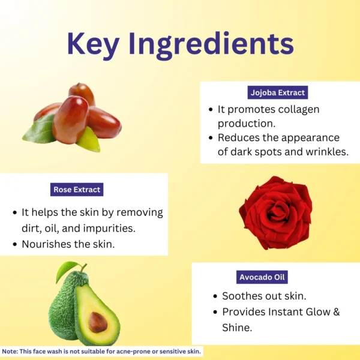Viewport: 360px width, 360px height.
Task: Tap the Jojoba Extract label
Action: point(278,92)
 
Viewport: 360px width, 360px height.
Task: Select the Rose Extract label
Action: point(77,190)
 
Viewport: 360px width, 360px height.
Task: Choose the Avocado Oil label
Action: point(262,277)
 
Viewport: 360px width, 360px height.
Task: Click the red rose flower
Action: point(276,212)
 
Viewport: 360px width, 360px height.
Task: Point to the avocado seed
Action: point(98,322)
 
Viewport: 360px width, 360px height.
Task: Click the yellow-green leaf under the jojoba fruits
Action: point(89,140)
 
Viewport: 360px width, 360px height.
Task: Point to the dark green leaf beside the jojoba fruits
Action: point(40,130)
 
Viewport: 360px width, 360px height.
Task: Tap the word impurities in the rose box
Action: point(109,229)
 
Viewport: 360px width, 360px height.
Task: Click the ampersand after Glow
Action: point(337,312)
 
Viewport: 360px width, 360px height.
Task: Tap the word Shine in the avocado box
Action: point(237,328)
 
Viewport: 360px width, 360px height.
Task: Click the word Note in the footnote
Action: point(10,351)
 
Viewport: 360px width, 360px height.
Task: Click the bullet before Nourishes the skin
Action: point(15,244)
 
